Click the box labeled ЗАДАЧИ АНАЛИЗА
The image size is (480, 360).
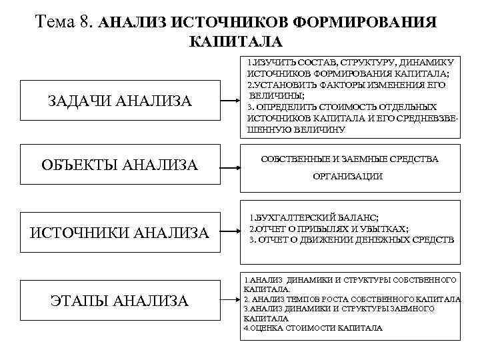pos(120,101)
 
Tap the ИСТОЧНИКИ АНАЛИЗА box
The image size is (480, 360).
pos(120,233)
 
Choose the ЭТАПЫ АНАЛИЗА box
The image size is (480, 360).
pos(120,302)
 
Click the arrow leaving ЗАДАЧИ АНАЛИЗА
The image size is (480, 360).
pos(232,102)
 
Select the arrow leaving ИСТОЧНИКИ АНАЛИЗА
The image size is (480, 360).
pos(232,233)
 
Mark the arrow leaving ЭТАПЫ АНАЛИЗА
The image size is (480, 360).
pos(232,301)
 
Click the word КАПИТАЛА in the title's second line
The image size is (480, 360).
pos(236,42)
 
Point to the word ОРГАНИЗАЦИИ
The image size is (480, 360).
pos(347,177)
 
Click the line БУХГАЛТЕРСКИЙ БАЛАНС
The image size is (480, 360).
pos(313,219)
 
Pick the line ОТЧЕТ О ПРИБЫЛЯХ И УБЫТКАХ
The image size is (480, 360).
pos(328,229)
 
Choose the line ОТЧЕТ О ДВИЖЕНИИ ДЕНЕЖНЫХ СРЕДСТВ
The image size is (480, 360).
pos(351,239)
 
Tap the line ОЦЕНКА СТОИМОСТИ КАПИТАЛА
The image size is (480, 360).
pos(313,328)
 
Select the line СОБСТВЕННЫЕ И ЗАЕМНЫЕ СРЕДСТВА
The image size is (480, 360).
pos(349,159)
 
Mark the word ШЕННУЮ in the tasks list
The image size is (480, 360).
pos(267,130)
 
